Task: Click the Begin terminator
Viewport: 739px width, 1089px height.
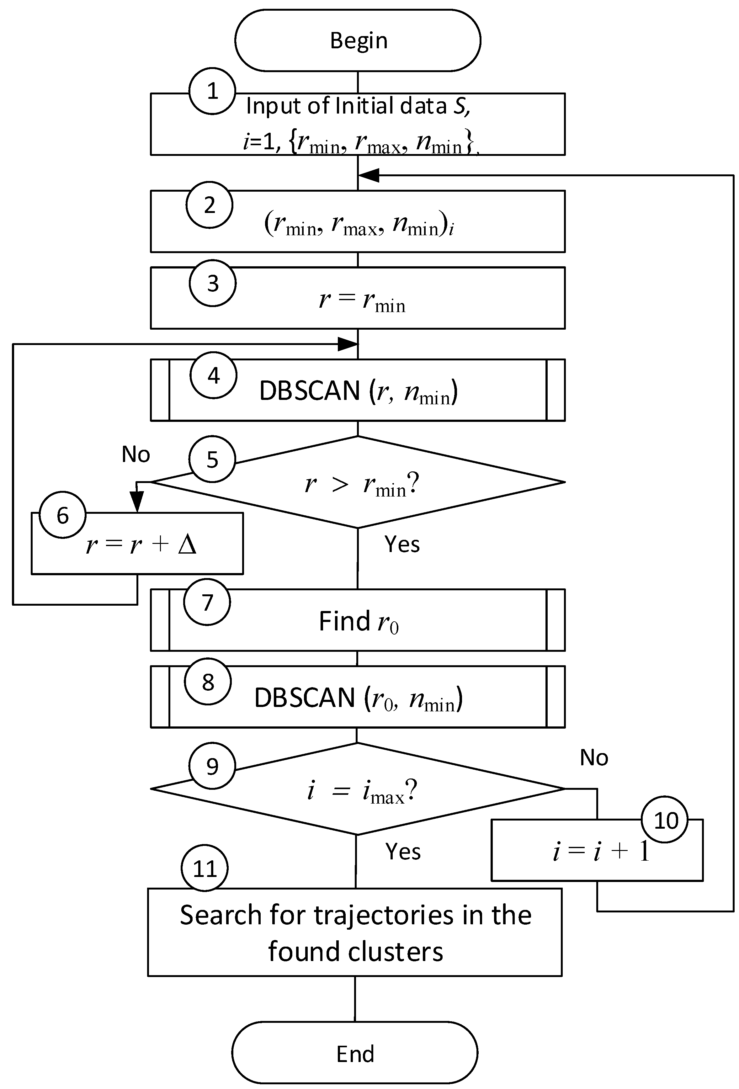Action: pos(358,40)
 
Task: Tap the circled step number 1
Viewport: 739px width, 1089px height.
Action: pos(212,91)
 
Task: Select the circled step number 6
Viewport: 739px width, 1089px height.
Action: pos(63,515)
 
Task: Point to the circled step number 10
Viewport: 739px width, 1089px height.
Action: pos(665,820)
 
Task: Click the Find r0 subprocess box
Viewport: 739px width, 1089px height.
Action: pos(358,620)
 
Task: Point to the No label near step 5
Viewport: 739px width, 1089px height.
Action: pos(136,454)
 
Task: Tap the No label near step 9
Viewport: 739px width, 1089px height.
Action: pos(594,758)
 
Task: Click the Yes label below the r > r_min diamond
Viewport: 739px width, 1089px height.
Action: pos(402,544)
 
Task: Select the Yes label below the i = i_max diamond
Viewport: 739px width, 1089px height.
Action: pos(403,852)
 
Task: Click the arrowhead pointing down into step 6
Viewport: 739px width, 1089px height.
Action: pos(137,503)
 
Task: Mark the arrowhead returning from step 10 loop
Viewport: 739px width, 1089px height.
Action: pos(368,175)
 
